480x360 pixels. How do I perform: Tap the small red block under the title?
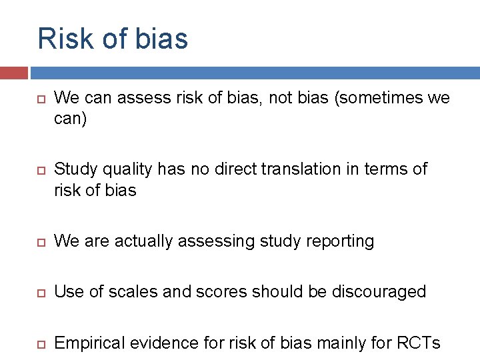(x=13, y=73)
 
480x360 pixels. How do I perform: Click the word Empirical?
(x=89, y=343)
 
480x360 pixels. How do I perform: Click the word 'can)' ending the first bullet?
(x=70, y=119)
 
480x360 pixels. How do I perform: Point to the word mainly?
(x=349, y=343)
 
